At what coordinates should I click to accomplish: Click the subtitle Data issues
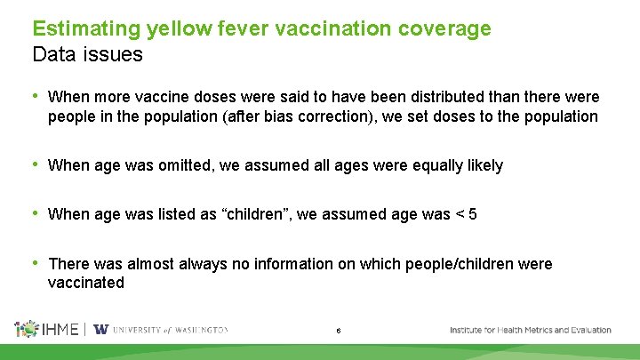(x=87, y=54)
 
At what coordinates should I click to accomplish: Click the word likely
(x=481, y=165)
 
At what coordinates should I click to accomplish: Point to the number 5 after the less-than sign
(x=473, y=214)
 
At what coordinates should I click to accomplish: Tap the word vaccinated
(x=86, y=283)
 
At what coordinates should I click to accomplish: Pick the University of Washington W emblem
(x=101, y=329)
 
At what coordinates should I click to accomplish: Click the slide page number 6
(x=339, y=331)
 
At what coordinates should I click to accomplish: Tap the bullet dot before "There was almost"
(x=35, y=263)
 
